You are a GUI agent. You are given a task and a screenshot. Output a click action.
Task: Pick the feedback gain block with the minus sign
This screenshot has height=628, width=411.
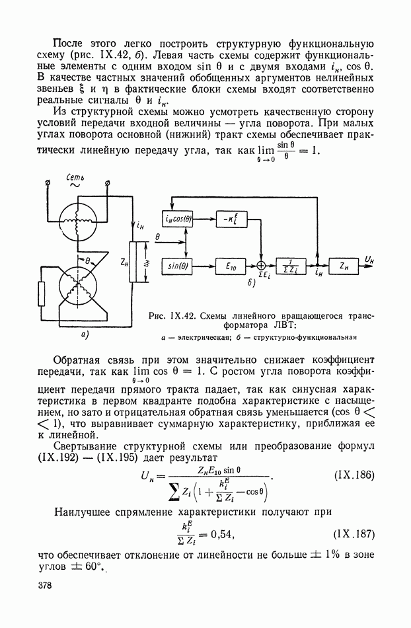(231, 219)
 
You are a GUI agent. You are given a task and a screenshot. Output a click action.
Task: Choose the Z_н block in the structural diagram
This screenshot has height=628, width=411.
(343, 264)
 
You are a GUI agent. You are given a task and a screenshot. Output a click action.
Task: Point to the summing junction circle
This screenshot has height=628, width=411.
(262, 264)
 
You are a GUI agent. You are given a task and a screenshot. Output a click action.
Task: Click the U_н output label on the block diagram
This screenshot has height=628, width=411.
(371, 259)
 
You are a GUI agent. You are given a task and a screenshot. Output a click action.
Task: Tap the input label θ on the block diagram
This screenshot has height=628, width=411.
(157, 235)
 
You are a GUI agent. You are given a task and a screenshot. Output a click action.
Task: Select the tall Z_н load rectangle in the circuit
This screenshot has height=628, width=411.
(136, 262)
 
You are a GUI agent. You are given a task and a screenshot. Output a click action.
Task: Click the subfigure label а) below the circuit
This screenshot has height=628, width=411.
(85, 335)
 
